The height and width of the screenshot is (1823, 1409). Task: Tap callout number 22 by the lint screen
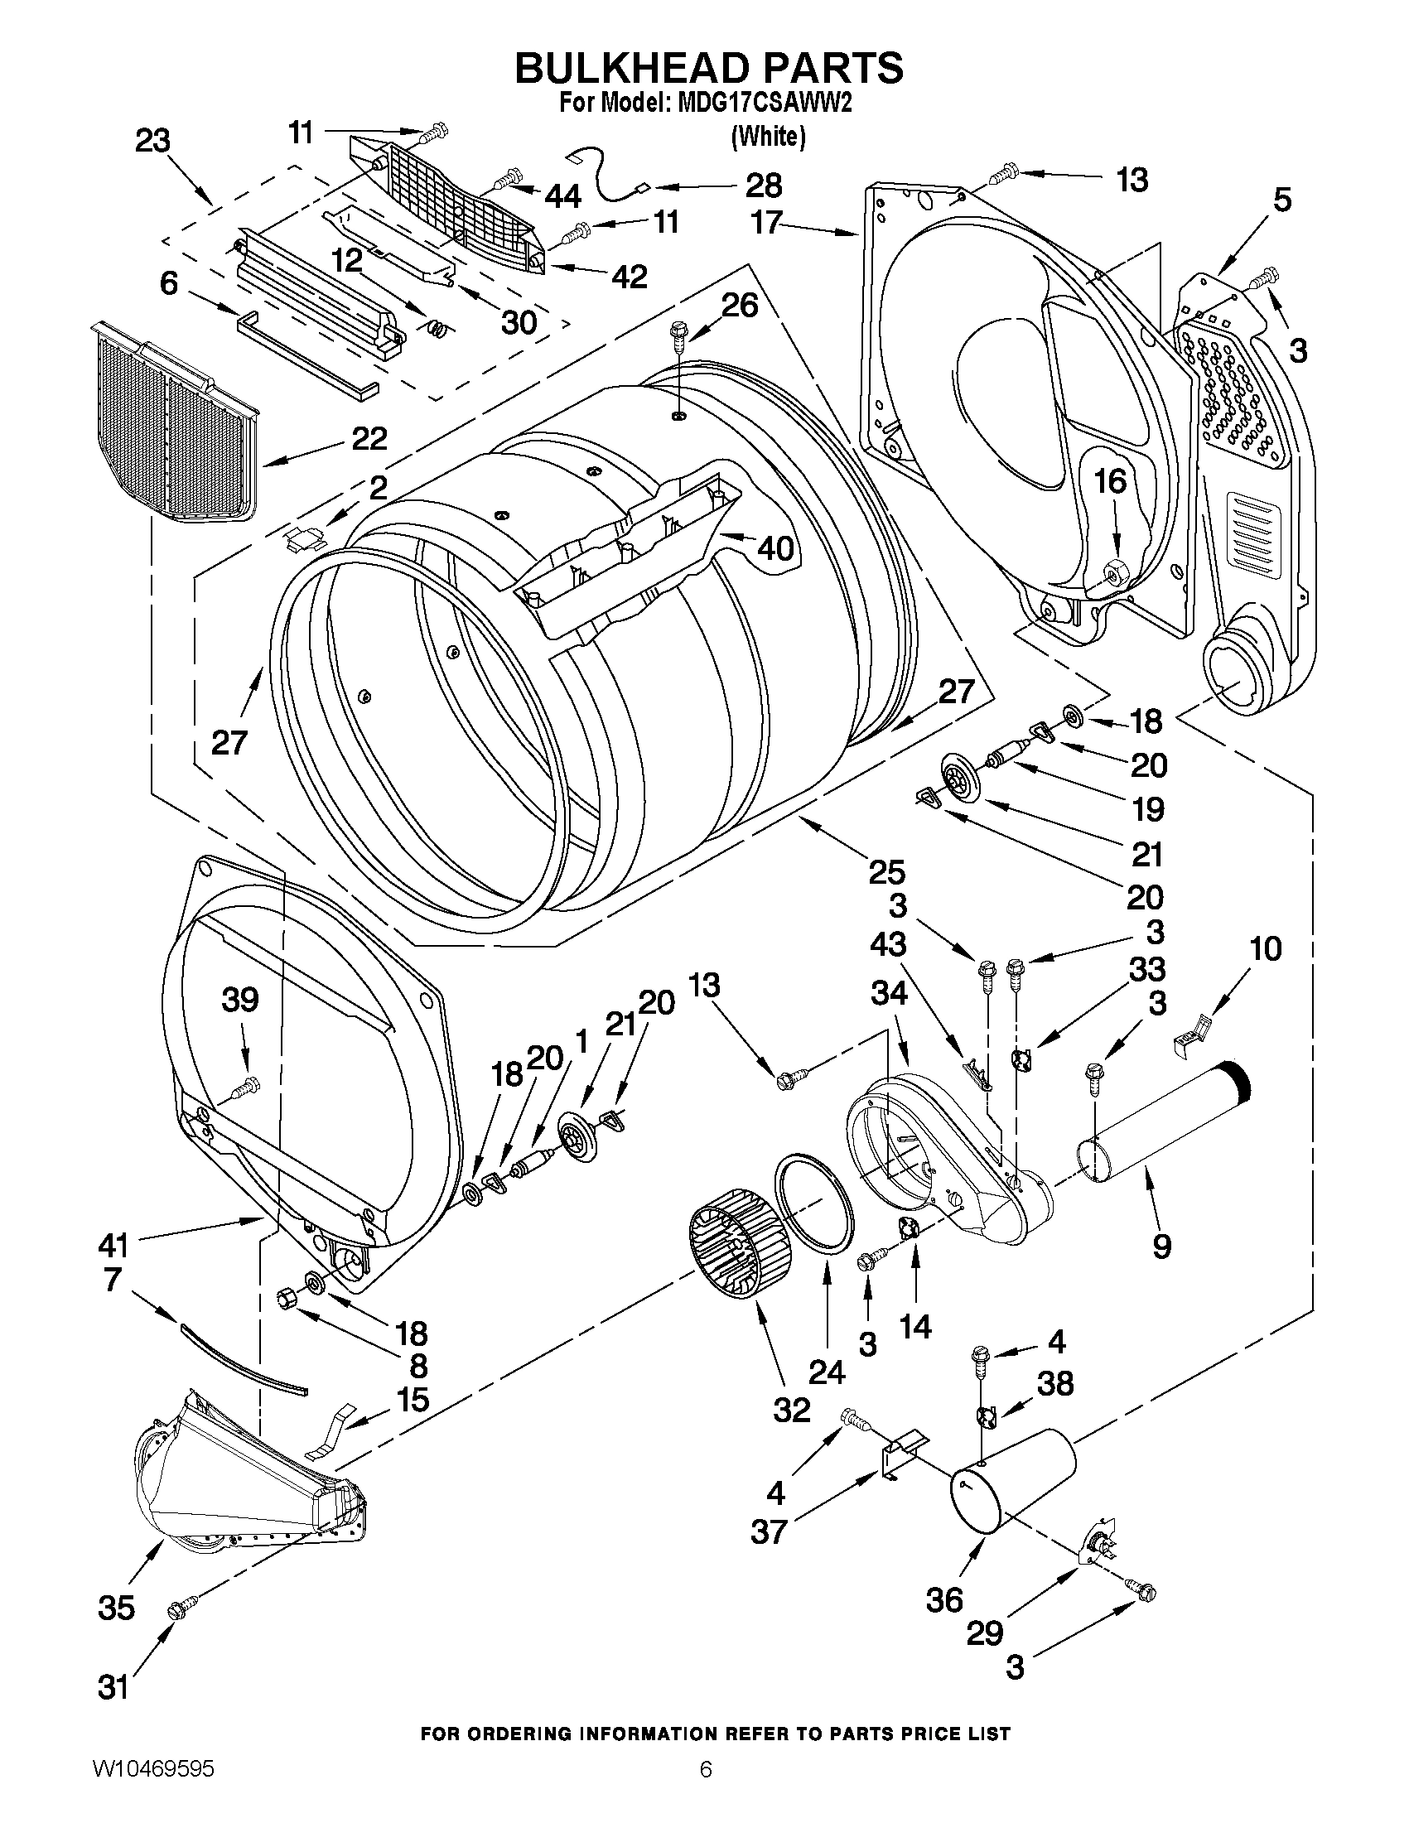tap(368, 438)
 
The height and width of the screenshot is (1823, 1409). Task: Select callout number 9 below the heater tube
tap(1161, 1247)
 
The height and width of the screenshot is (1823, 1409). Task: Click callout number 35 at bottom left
tap(116, 1608)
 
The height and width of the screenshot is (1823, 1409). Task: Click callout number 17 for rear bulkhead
tap(765, 222)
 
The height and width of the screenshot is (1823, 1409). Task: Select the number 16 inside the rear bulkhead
tap(1109, 481)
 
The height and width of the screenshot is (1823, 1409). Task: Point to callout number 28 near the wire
tap(763, 185)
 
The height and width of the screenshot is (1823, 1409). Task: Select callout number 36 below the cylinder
tap(945, 1600)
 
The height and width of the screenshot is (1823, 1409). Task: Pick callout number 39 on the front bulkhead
tap(240, 1000)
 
